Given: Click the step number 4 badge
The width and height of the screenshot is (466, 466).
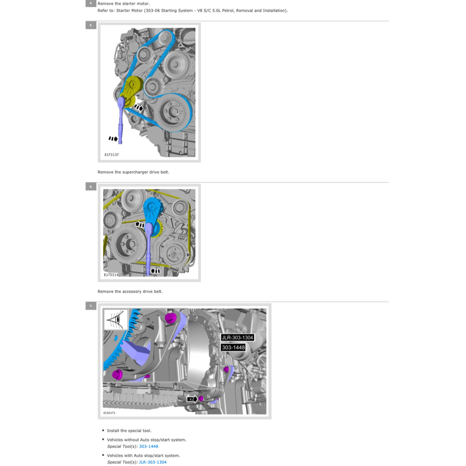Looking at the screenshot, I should (x=91, y=4).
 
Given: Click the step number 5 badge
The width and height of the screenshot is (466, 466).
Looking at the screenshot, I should (x=91, y=25).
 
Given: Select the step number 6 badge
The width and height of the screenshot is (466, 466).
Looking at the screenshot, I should (x=91, y=186).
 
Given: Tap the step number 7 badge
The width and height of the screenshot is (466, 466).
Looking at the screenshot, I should (x=91, y=306).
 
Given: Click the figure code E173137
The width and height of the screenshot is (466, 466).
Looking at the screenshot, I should (x=111, y=155).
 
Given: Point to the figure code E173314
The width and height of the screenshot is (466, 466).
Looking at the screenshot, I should (x=111, y=275).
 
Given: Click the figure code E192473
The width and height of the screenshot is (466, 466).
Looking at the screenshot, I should (x=109, y=413).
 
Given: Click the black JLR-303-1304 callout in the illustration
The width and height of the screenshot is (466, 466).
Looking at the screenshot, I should (x=237, y=338).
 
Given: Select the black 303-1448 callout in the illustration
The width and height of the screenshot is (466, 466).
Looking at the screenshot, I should (x=233, y=347).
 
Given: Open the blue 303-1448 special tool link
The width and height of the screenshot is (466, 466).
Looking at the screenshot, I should (x=148, y=446).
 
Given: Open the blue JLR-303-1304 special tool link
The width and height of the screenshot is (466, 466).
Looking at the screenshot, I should (x=152, y=462).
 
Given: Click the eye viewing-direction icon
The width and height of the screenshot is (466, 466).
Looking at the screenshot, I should (x=116, y=319).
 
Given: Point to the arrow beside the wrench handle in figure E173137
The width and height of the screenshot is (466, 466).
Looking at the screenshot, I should (x=113, y=138).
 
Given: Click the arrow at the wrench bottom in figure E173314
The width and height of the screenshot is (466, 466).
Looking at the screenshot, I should (x=155, y=271).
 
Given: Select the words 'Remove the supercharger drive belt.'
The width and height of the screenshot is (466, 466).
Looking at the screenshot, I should (x=133, y=172).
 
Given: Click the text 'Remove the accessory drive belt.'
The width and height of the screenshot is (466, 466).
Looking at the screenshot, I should (x=130, y=291).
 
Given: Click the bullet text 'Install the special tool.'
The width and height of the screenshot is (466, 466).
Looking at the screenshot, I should (x=129, y=431).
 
